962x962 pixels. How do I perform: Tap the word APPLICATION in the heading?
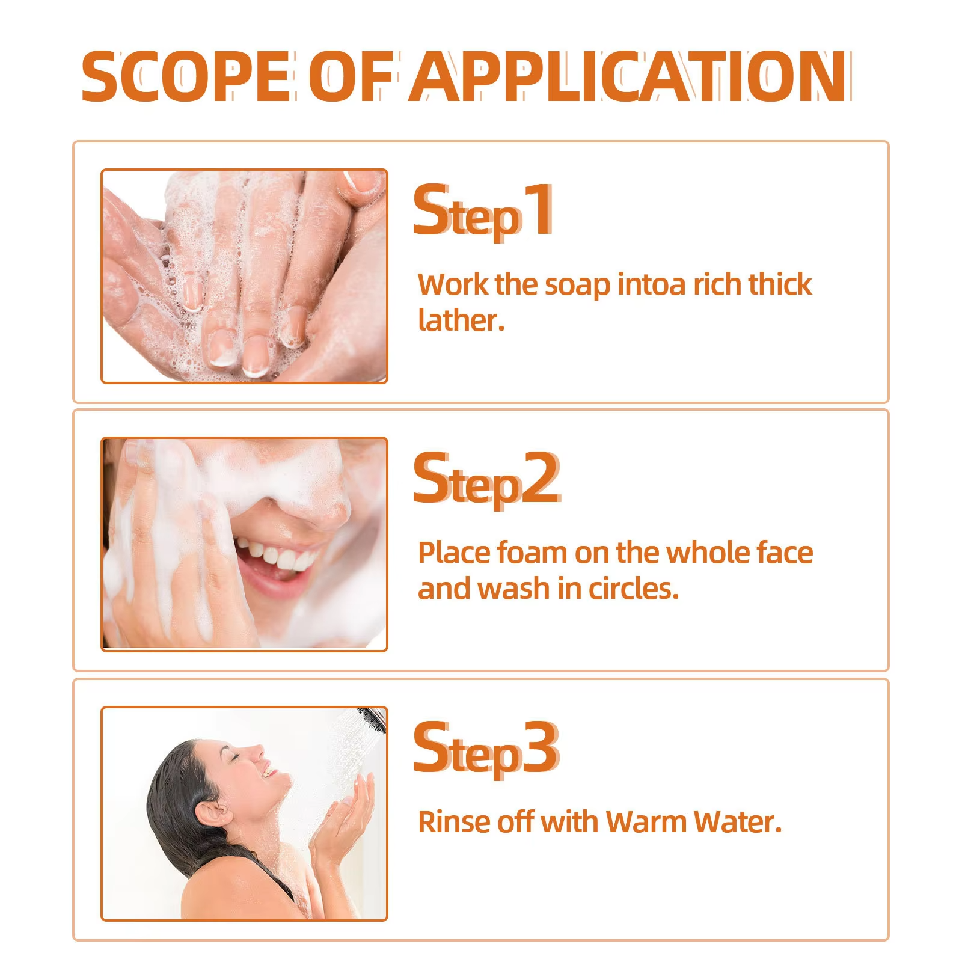tap(628, 77)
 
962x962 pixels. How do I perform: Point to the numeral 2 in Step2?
tap(541, 479)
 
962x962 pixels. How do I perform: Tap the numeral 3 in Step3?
tap(541, 749)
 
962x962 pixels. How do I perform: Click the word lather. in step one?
tap(461, 320)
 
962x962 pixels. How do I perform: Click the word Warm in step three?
tap(646, 822)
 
